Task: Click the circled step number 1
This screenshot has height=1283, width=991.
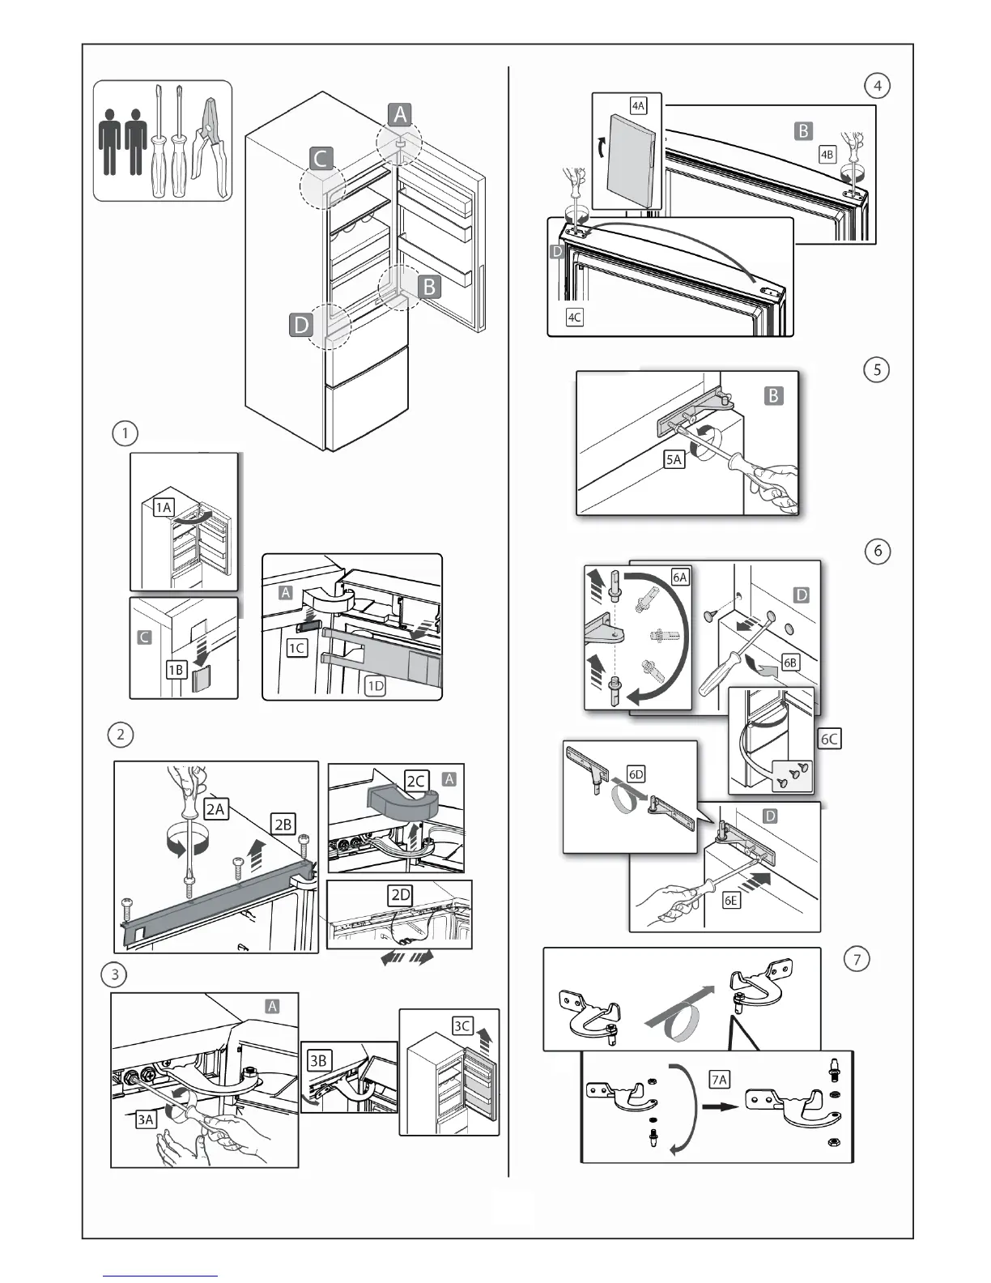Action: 125,433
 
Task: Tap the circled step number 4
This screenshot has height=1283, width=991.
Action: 877,86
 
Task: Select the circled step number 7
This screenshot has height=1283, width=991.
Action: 857,960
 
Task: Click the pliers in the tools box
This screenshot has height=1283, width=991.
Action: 210,139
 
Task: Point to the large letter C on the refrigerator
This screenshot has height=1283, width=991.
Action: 321,158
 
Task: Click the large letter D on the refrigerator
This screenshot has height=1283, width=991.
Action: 300,326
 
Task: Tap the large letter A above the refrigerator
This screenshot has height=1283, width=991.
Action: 399,115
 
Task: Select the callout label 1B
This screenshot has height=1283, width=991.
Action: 176,669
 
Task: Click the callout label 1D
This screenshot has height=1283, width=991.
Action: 376,686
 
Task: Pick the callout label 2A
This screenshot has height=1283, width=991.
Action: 215,808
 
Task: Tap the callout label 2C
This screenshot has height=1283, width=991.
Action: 416,781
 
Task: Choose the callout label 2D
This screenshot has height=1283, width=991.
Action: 401,894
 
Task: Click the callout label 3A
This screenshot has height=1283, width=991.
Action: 146,1119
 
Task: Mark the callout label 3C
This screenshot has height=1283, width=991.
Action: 461,1025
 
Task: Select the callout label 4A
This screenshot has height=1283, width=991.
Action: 638,105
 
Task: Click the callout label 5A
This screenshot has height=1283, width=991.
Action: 674,459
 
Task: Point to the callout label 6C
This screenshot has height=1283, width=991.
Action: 829,739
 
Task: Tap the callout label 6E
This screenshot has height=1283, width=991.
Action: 731,900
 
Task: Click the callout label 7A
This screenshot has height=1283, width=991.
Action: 719,1079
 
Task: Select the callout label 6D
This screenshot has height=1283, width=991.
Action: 636,774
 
